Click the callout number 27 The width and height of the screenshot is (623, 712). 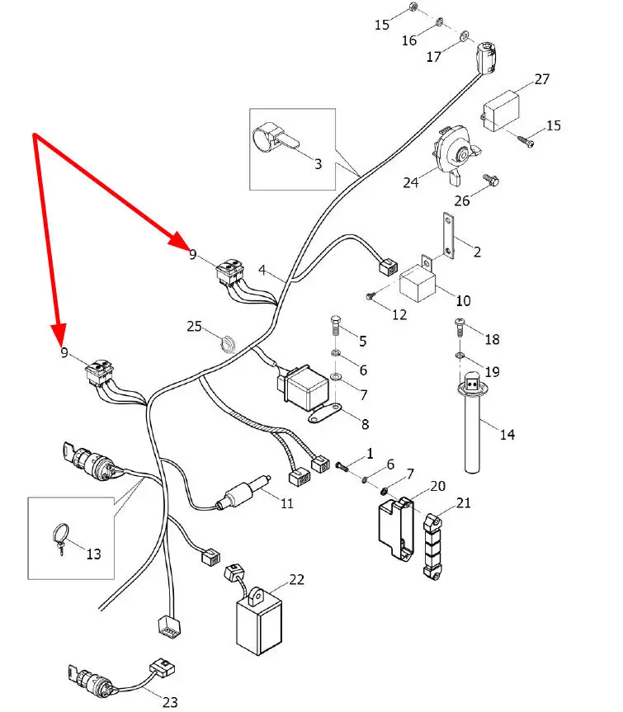pyautogui.click(x=542, y=79)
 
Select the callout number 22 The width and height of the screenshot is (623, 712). pyautogui.click(x=296, y=579)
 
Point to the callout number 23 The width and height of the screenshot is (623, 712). pyautogui.click(x=170, y=702)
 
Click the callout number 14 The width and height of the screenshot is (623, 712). pyautogui.click(x=507, y=434)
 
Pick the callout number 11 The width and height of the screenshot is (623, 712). pyautogui.click(x=286, y=502)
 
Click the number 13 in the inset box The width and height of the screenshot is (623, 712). pyautogui.click(x=93, y=554)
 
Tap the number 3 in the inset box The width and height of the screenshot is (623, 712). pyautogui.click(x=318, y=163)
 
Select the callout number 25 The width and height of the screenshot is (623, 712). pyautogui.click(x=194, y=328)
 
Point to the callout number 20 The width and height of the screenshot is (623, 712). pyautogui.click(x=437, y=486)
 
